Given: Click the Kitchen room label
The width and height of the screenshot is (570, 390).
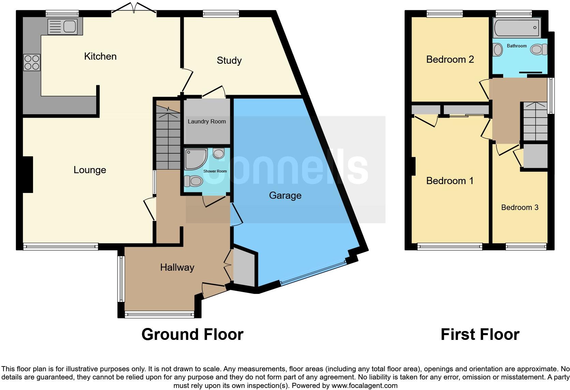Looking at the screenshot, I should pos(100,56).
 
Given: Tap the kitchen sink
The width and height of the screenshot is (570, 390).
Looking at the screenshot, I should pos(63,27).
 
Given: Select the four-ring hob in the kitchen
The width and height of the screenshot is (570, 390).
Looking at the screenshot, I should pos(32,62).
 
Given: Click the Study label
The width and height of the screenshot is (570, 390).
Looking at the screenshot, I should pos(229,61).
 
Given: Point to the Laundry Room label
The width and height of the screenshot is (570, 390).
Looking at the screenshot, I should pos(207,121).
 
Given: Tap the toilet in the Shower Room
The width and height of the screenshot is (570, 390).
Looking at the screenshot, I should pos(193,181).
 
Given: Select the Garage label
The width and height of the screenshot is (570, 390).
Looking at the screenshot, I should pos(285,195).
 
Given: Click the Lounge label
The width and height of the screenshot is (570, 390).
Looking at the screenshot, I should pos(90,170).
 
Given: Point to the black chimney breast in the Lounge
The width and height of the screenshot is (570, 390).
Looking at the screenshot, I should pos(28,174).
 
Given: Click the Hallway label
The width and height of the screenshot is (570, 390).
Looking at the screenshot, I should pos(177,267).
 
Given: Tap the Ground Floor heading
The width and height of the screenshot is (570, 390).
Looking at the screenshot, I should pos(192,334).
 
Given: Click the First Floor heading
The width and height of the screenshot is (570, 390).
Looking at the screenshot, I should pos(480,334).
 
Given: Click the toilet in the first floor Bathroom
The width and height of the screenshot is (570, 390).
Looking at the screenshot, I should pos(539,50).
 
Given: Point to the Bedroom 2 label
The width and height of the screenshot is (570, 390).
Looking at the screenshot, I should pos(450,59).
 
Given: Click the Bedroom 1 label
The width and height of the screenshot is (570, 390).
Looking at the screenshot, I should pos(450,180).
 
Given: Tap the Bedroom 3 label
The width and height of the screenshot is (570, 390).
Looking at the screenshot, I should pos(520,207).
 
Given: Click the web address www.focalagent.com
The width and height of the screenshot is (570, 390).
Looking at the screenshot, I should pos(364,386).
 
